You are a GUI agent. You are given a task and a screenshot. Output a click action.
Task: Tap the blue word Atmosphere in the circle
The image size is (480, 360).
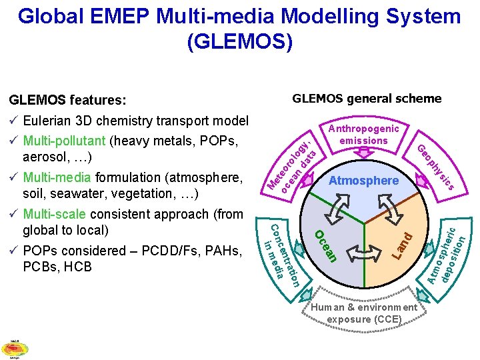363,181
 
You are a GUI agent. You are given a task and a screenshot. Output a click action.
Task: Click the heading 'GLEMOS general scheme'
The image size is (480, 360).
367,99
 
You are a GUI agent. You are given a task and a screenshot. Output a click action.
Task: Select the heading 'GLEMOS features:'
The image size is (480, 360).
67,100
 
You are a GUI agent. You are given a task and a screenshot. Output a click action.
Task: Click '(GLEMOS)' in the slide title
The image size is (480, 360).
239,42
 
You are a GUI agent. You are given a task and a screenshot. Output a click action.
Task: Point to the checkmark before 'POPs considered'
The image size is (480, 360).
13,251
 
